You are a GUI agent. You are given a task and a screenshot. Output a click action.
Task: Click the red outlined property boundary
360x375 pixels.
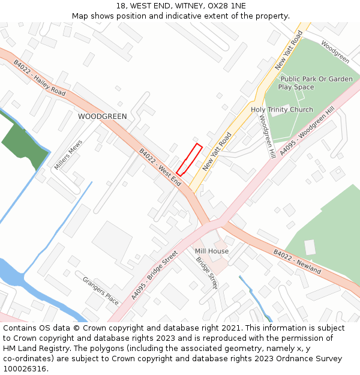tap(189, 160)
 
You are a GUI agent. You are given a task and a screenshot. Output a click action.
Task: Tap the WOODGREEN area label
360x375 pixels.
tap(103, 116)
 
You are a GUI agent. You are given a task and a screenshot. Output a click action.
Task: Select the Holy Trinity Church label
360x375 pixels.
tap(281, 110)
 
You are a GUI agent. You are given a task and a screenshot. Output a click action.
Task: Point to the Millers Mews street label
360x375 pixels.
tap(68, 155)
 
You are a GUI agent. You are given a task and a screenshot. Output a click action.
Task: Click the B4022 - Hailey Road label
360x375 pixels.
tap(40, 78)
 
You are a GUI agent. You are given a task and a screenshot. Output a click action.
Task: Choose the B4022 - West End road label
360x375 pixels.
tap(160, 167)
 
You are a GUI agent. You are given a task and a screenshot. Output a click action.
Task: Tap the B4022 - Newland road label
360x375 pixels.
tap(297, 262)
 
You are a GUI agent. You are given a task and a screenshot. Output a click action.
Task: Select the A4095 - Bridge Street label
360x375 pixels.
tap(154, 275)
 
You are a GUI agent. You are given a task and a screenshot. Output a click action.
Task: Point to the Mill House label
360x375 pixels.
tap(211, 251)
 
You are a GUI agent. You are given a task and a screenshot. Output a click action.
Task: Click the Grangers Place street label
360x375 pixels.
tap(101, 290)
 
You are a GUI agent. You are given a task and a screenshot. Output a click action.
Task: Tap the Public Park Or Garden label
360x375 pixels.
tap(316, 79)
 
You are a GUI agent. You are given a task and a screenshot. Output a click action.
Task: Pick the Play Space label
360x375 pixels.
tap(296, 88)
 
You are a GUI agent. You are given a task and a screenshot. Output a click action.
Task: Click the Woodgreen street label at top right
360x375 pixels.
tap(335, 52)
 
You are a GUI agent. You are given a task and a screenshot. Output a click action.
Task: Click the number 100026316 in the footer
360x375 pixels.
tap(25, 368)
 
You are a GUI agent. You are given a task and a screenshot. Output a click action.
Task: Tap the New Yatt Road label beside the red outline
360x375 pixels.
tap(217, 152)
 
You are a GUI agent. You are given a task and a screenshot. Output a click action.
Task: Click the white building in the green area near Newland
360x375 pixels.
tap(310, 247)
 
